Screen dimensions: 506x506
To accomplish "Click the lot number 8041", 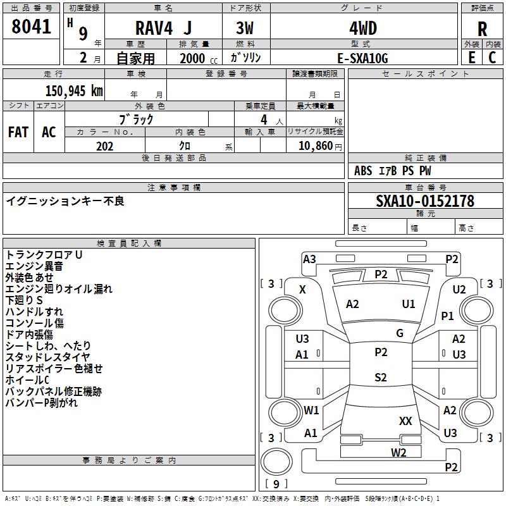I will pos(32,27).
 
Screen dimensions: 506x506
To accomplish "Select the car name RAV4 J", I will pos(164,28).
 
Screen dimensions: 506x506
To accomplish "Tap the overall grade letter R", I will pos(482,29).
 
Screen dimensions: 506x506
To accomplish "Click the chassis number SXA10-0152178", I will pos(424,201).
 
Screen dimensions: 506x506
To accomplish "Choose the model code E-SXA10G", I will pos(362,58).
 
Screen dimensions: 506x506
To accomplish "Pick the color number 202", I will pos(104,146).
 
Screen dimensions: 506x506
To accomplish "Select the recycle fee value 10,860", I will pos(314,146).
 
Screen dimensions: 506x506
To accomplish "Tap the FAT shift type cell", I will pos(18,132).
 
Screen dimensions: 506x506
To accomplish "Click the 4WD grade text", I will pos(362,28).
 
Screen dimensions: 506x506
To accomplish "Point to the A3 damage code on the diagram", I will pos(309,259).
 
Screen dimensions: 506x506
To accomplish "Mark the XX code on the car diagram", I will pos(405,421).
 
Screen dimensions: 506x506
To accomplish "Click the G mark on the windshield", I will pos(399,333).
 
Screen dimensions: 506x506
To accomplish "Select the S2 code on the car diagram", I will pos(380,378).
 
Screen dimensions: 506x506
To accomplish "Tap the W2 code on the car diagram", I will pos(398,452).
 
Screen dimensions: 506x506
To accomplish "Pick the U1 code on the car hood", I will pos(409,304).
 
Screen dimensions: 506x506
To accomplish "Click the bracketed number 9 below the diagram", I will pos(276,484).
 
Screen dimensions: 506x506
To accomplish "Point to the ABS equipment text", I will pos(363,171).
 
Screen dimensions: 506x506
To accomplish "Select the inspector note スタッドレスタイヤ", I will pos(47,357).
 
